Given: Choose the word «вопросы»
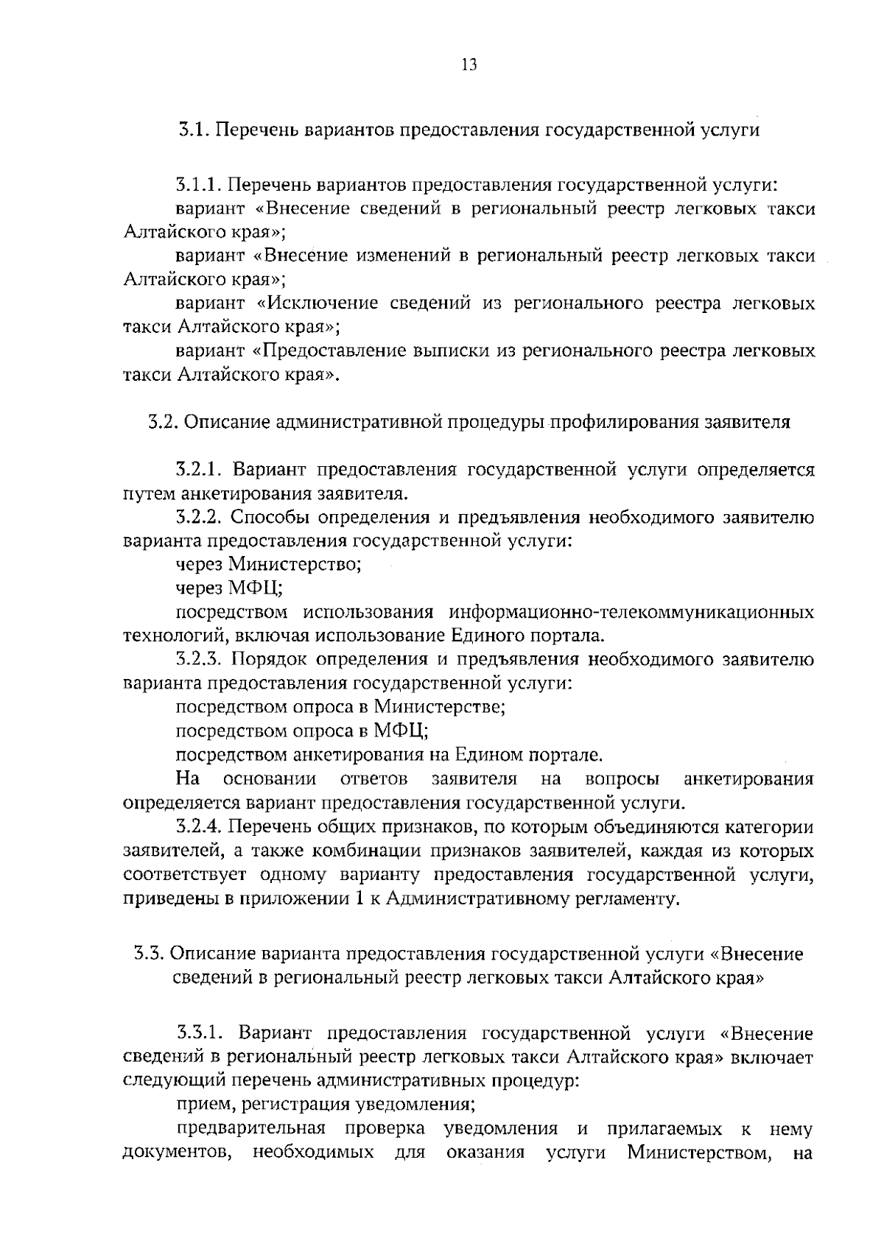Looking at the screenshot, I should click(x=622, y=778).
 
